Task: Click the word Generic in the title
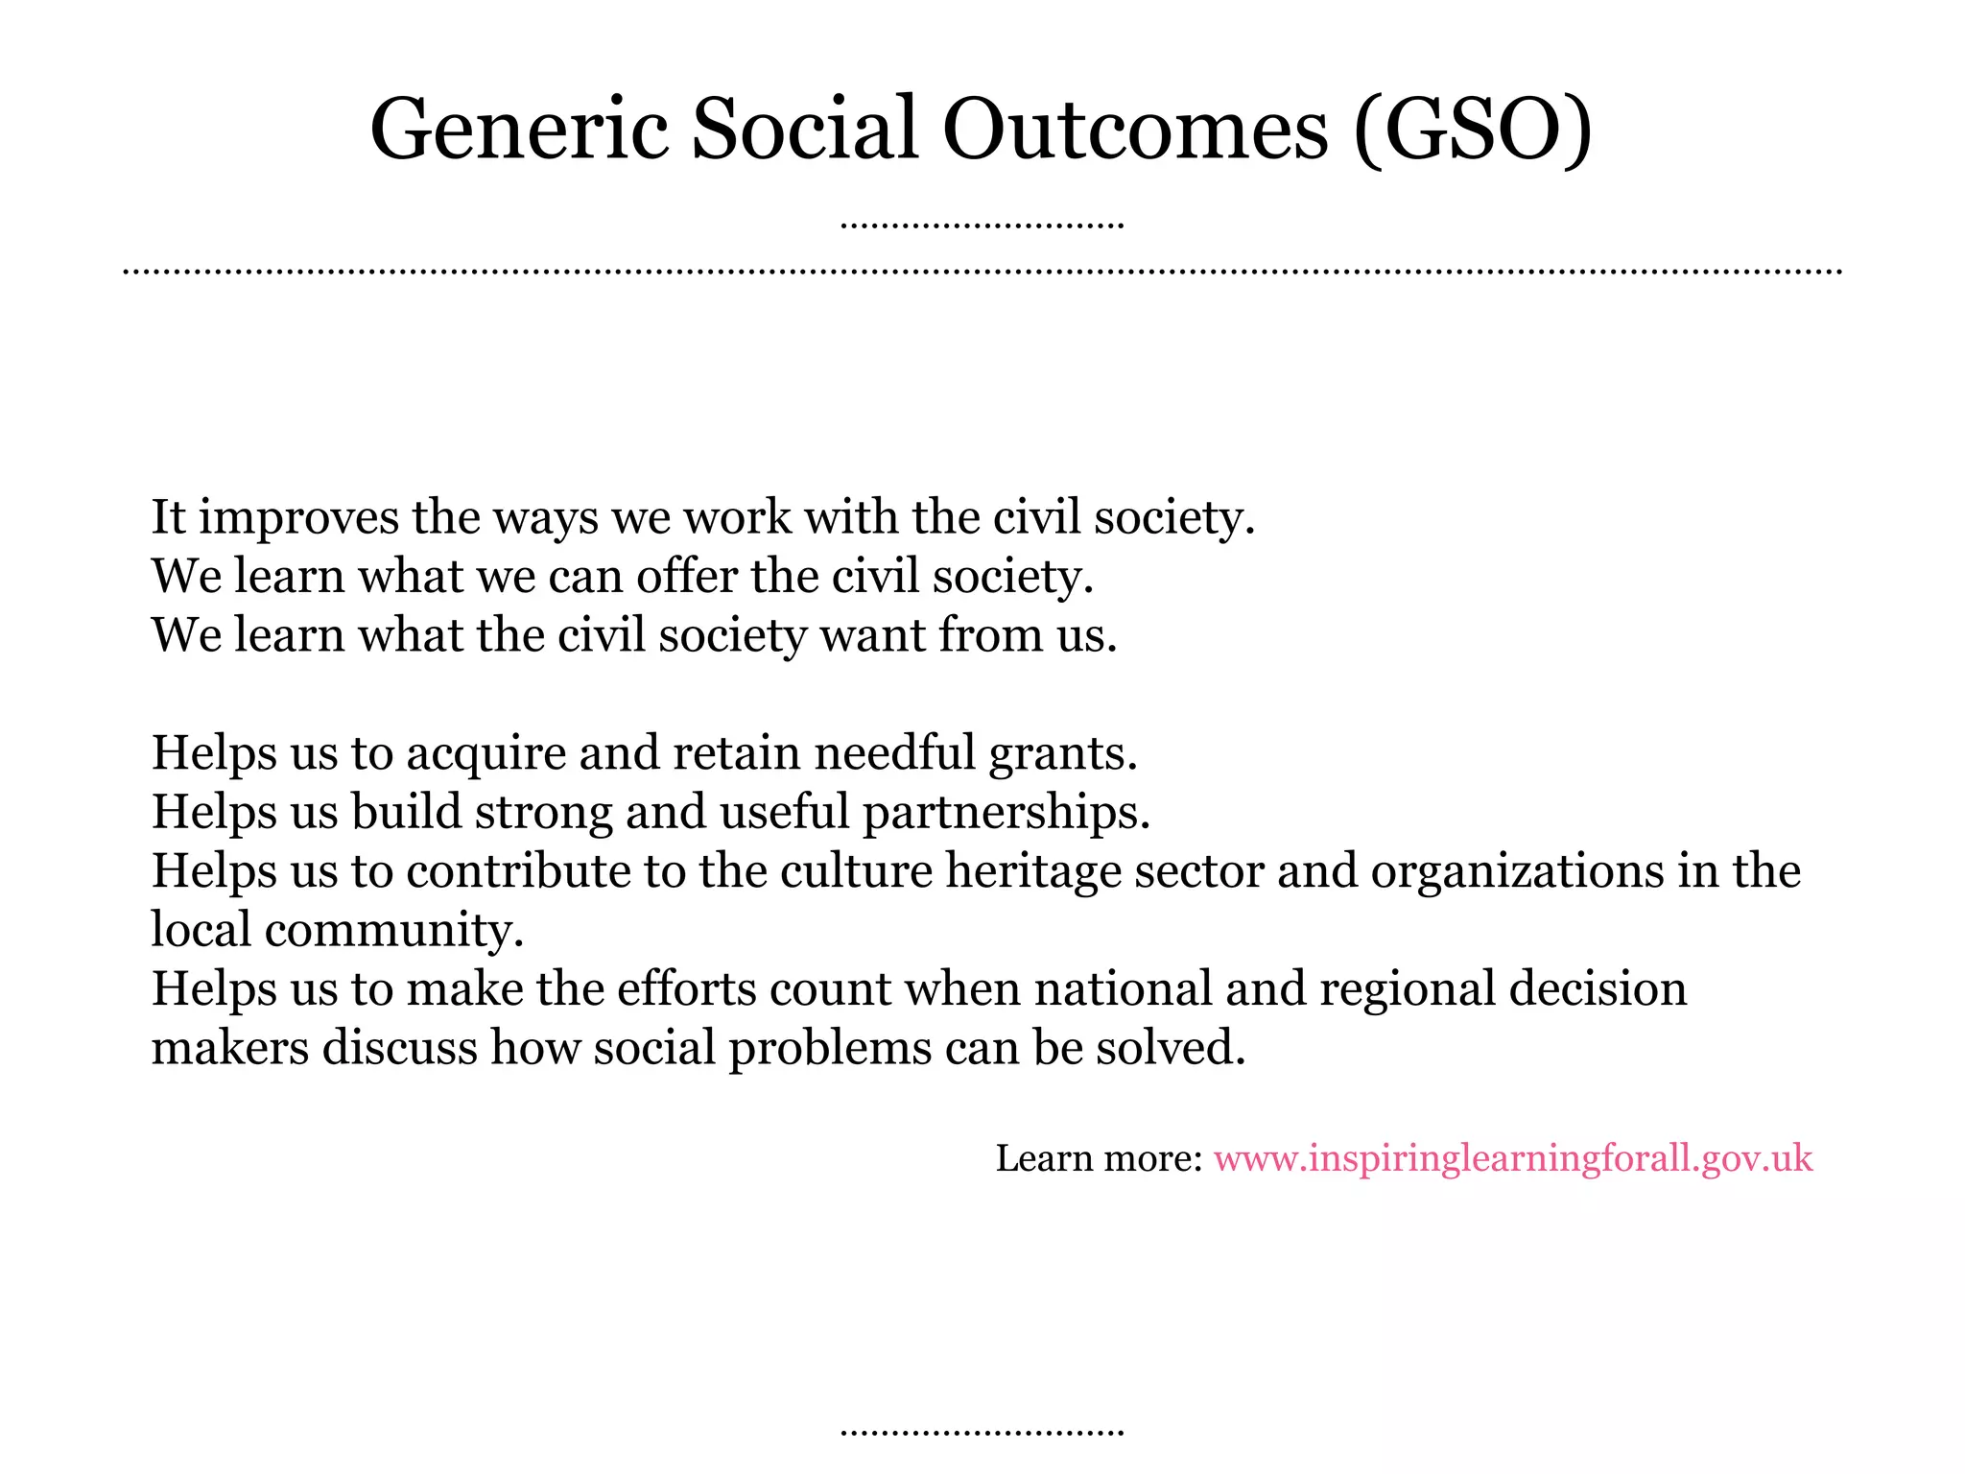point(518,130)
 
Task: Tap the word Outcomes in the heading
point(1135,130)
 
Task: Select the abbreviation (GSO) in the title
point(1473,130)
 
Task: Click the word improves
point(298,518)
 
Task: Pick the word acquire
point(486,753)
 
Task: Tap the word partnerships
point(1006,813)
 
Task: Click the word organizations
point(1517,871)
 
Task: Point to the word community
point(394,930)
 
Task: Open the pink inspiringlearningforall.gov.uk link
point(1513,1159)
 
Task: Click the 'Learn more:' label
point(1099,1159)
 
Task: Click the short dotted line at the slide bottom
point(982,1432)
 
